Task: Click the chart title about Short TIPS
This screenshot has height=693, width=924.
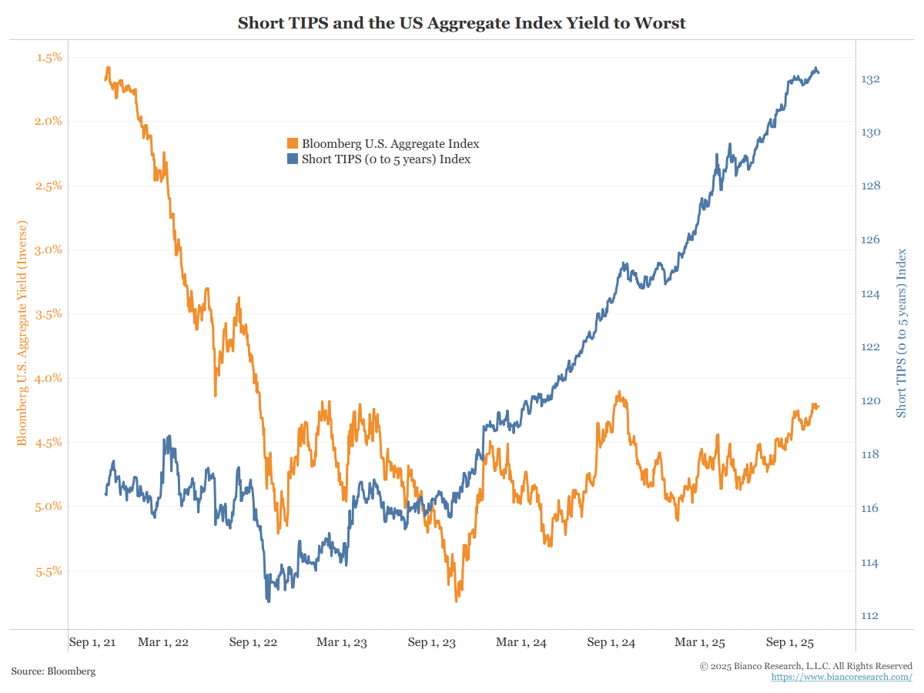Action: click(x=461, y=23)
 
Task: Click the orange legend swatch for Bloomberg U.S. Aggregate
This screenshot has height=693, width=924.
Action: click(x=293, y=144)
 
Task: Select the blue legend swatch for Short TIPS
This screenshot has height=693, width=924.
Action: click(x=293, y=159)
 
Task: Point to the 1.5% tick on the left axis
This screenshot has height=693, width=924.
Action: click(x=49, y=57)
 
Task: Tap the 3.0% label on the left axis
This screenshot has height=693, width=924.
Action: click(x=49, y=249)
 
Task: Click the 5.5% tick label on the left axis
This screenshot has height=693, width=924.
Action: click(x=49, y=571)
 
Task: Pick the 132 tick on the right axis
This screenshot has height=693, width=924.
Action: click(x=871, y=79)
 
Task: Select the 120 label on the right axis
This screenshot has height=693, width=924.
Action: click(x=871, y=400)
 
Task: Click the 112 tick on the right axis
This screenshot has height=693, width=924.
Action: click(x=871, y=615)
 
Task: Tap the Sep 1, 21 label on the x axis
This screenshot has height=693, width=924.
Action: click(x=92, y=642)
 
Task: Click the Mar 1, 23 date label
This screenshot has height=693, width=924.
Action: click(x=342, y=642)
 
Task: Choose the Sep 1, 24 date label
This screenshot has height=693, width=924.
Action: click(x=611, y=642)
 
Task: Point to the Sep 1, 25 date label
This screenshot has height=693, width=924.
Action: click(x=791, y=642)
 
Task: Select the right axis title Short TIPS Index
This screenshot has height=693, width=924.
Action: click(x=902, y=333)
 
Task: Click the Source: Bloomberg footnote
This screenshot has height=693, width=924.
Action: click(x=53, y=671)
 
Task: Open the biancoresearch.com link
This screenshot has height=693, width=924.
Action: click(x=842, y=677)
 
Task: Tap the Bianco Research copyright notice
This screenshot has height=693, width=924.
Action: click(x=806, y=665)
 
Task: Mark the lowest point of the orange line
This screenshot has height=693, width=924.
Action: click(x=457, y=601)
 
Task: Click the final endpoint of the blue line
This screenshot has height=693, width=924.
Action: click(x=818, y=72)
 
